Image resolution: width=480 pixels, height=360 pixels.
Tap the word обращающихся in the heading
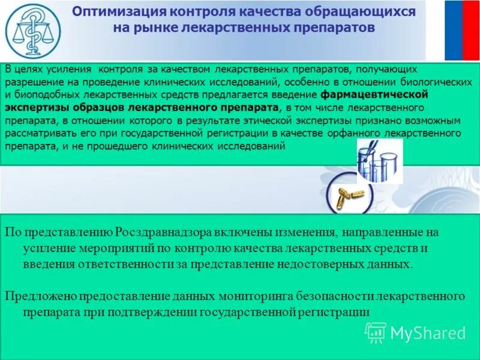click(371, 12)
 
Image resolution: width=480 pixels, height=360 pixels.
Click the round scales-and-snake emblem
click(32, 31)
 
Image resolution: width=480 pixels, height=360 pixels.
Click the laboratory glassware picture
click(379, 160)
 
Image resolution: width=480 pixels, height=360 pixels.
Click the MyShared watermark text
click(428, 333)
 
